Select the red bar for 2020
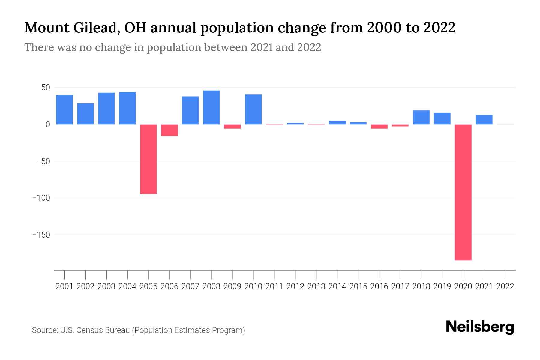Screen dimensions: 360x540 tap(463, 192)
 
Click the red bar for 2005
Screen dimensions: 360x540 tap(148, 159)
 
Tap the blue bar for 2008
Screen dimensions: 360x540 tap(211, 107)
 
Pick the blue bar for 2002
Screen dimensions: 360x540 tap(85, 113)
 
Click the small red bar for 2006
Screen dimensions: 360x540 tap(169, 130)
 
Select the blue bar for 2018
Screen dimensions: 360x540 tap(421, 117)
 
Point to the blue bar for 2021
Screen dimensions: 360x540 tap(484, 119)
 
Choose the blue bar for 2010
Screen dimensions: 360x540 tap(253, 109)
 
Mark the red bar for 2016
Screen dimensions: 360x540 tap(379, 126)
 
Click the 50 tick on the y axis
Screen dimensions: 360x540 tap(46, 88)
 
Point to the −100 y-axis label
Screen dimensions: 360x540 tap(41, 198)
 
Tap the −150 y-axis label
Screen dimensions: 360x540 tap(41, 235)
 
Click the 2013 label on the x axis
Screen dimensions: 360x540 tap(316, 286)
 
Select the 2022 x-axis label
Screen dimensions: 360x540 tap(505, 286)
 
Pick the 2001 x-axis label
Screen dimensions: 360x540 tap(64, 286)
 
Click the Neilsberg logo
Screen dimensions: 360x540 tap(480, 327)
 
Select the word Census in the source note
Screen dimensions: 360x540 tap(88, 330)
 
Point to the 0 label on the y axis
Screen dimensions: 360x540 tap(48, 124)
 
